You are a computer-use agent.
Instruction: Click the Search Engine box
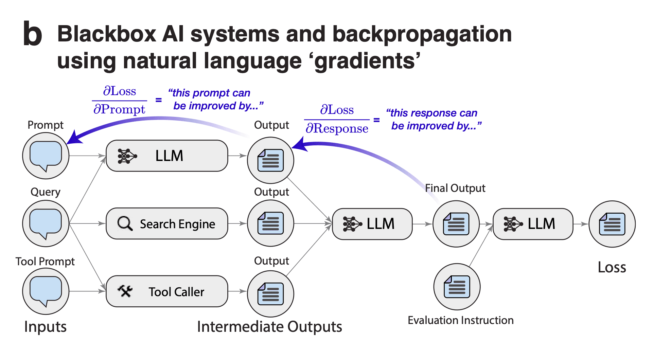point(167,223)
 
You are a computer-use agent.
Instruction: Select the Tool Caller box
point(167,291)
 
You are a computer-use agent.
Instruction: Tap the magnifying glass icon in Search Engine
point(125,223)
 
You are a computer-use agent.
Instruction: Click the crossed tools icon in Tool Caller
point(125,291)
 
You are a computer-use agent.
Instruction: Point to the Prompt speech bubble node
point(46,156)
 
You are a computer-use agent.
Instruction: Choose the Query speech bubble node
point(46,223)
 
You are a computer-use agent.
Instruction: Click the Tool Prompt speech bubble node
point(46,291)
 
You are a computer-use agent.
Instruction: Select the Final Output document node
point(456,224)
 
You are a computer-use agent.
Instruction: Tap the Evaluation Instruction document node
point(457,287)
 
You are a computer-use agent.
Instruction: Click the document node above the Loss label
point(612,224)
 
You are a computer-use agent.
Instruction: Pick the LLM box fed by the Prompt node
point(167,156)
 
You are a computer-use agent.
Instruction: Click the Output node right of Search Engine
point(271,223)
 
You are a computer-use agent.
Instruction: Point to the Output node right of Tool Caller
point(271,294)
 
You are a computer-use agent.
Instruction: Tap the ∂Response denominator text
point(337,129)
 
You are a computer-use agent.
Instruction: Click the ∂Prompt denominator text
point(119,109)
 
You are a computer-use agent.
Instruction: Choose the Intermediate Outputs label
point(269,327)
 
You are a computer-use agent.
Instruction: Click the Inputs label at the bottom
point(46,327)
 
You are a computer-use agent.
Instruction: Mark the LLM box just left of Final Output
point(372,224)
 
